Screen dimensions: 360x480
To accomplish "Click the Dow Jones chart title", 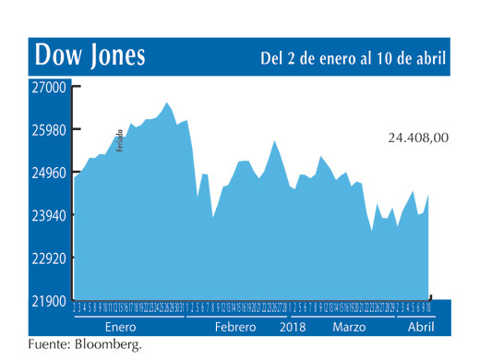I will coord(90,56).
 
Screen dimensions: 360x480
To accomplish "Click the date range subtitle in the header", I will coord(354,58).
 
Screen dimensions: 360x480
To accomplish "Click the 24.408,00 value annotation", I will coord(418,138).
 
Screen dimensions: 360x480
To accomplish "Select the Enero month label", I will coord(120,328).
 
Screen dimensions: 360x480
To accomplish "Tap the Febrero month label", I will coord(235,328).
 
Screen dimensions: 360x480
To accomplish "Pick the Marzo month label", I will coord(349,328).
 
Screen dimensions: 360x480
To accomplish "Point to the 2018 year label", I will coord(293,328).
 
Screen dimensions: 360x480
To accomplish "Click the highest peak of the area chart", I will coord(167,102).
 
